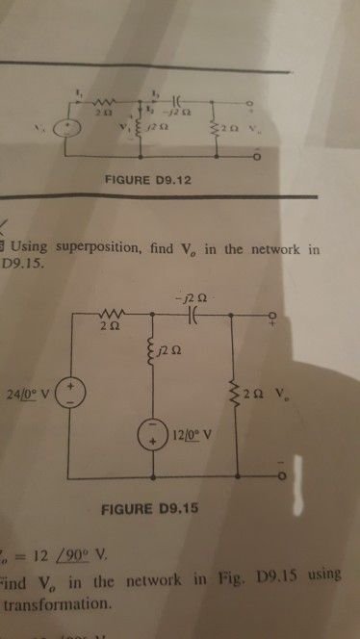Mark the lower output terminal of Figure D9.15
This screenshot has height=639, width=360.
tap(280, 475)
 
